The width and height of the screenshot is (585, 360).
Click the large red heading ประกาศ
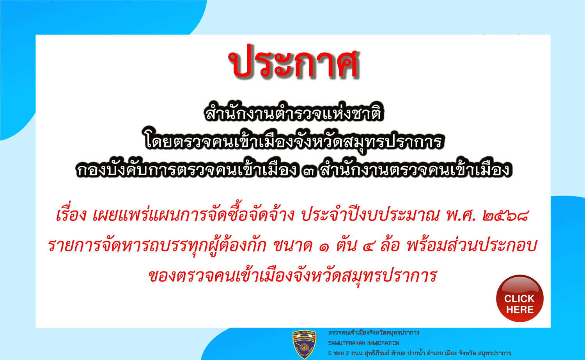click(x=294, y=62)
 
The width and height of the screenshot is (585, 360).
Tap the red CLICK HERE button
click(x=520, y=298)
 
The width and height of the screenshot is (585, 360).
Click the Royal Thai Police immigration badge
click(x=304, y=344)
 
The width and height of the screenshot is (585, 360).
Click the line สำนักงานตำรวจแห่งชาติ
click(x=294, y=113)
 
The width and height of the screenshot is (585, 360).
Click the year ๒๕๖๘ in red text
click(x=506, y=216)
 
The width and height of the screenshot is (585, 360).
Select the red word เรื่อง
click(x=71, y=215)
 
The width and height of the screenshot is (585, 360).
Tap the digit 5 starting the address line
click(x=330, y=353)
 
